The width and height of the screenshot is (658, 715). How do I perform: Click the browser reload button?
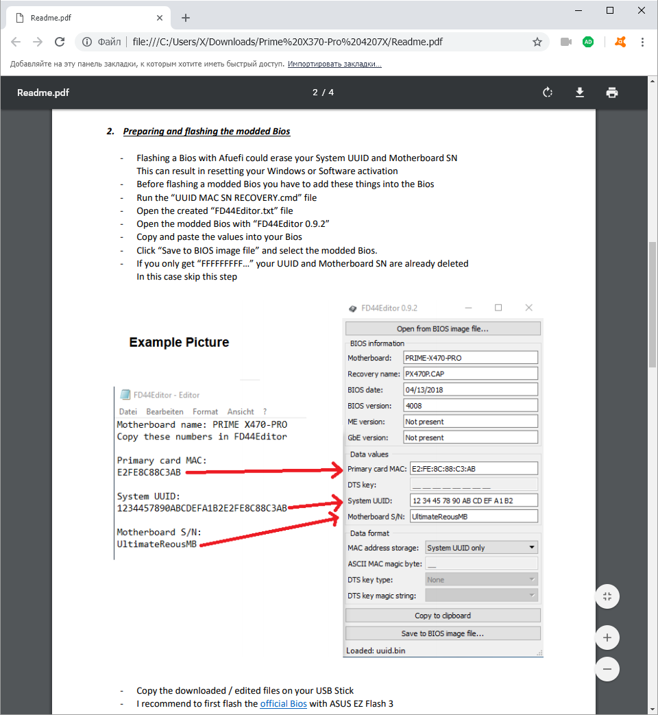coord(60,42)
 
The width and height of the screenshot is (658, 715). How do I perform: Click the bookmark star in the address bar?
coord(537,42)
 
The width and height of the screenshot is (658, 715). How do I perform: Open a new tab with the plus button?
coord(186,18)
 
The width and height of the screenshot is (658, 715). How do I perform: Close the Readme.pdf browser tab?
coord(160,18)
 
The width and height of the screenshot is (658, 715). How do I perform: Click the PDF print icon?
coord(612,93)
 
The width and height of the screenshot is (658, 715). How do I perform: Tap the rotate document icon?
coord(548,93)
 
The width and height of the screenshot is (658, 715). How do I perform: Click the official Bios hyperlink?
coord(283,703)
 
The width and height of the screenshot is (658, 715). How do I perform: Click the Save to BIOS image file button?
coord(443,633)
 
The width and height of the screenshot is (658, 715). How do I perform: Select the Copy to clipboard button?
coord(443,616)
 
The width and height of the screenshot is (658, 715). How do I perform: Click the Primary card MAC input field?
coord(473,469)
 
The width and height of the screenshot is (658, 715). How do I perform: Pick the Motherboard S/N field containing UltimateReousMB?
coord(473,516)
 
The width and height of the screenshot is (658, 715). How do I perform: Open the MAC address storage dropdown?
coord(480,548)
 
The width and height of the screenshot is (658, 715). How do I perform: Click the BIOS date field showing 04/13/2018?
coord(470,389)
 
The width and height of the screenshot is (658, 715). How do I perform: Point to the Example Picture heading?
coord(179,342)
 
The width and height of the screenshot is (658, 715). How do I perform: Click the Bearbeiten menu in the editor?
coord(164,412)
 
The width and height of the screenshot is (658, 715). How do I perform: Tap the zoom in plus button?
coord(607,638)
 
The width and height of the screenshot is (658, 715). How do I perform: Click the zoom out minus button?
coord(607,669)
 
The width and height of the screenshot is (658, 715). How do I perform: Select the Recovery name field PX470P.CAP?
coord(470,374)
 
